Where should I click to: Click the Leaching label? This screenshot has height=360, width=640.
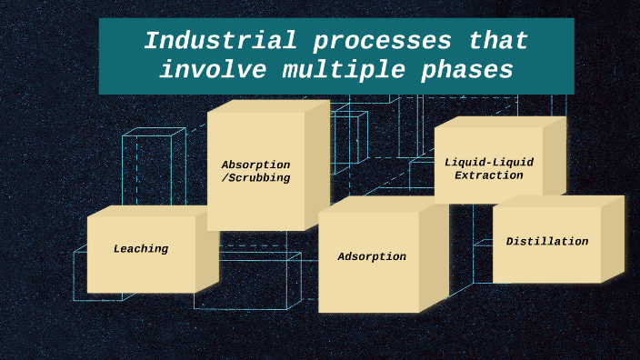pos(141,248)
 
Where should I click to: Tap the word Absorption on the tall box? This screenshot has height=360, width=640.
pos(255,165)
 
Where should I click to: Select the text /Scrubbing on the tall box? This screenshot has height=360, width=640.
pos(255,178)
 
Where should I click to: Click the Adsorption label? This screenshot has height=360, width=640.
pos(372,256)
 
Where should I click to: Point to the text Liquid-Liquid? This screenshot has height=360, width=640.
pos(489,162)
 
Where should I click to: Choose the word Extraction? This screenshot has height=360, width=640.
pos(489,175)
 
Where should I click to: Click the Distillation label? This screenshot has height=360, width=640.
pos(547,241)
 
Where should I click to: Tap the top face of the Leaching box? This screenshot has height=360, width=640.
pos(150,211)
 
